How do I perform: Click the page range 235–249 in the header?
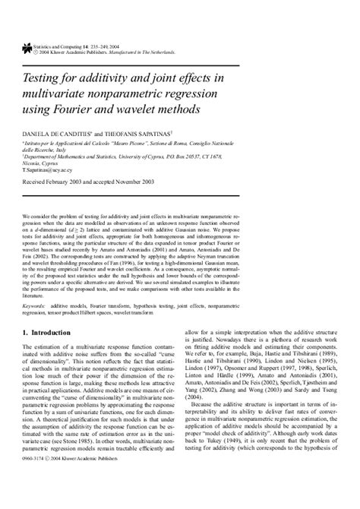pos(99,46)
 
